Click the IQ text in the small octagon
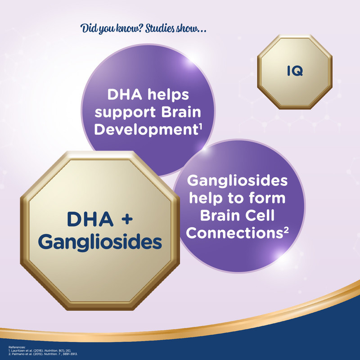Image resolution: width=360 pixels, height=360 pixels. pos(295,71)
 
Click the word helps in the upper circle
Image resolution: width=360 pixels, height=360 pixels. pos(168,94)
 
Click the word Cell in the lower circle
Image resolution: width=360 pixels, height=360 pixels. pos(260,216)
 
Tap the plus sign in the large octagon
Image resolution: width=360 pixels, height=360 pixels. pos(127,219)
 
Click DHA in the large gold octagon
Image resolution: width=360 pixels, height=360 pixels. pos(90,219)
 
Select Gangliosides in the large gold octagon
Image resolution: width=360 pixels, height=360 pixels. pos(100,243)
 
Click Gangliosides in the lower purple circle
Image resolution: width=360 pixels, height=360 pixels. pos(237,181)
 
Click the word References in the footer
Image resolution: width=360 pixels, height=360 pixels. pos(17,347)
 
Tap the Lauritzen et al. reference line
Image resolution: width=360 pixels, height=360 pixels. pos(40,351)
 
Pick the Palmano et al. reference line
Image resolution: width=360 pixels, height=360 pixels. pos(43,354)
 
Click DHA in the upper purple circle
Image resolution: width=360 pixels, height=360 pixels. pos(125,94)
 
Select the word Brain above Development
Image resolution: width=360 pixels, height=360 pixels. pos(181,112)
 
